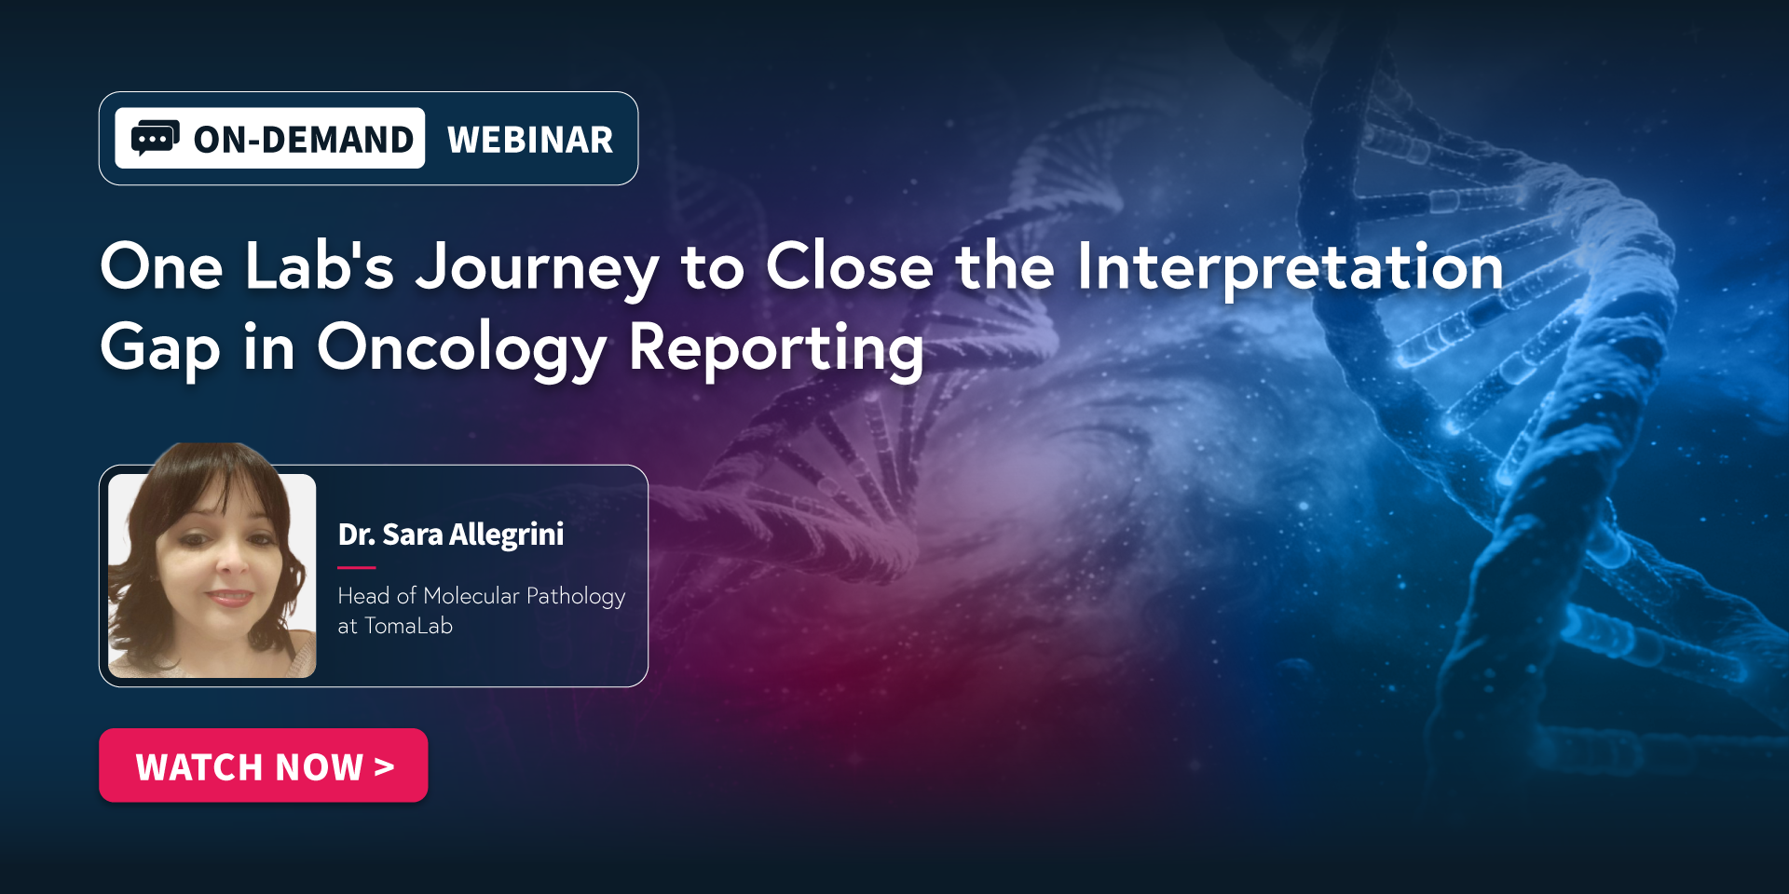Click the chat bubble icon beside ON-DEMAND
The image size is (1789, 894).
(x=155, y=138)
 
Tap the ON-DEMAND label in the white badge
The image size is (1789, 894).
(x=304, y=140)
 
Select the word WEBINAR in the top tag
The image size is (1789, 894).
(x=530, y=140)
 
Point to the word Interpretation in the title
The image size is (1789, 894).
(x=1291, y=267)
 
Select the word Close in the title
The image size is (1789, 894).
(x=849, y=266)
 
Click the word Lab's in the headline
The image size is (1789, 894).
(x=320, y=266)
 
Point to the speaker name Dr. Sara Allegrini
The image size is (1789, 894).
(x=451, y=535)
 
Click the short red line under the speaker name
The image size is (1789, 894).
(x=356, y=567)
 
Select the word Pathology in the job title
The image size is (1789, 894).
(x=576, y=597)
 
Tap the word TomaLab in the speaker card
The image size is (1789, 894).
(x=408, y=626)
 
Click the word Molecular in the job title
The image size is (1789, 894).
(x=471, y=596)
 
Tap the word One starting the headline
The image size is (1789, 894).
(x=161, y=266)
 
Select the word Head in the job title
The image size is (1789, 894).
(x=363, y=596)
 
